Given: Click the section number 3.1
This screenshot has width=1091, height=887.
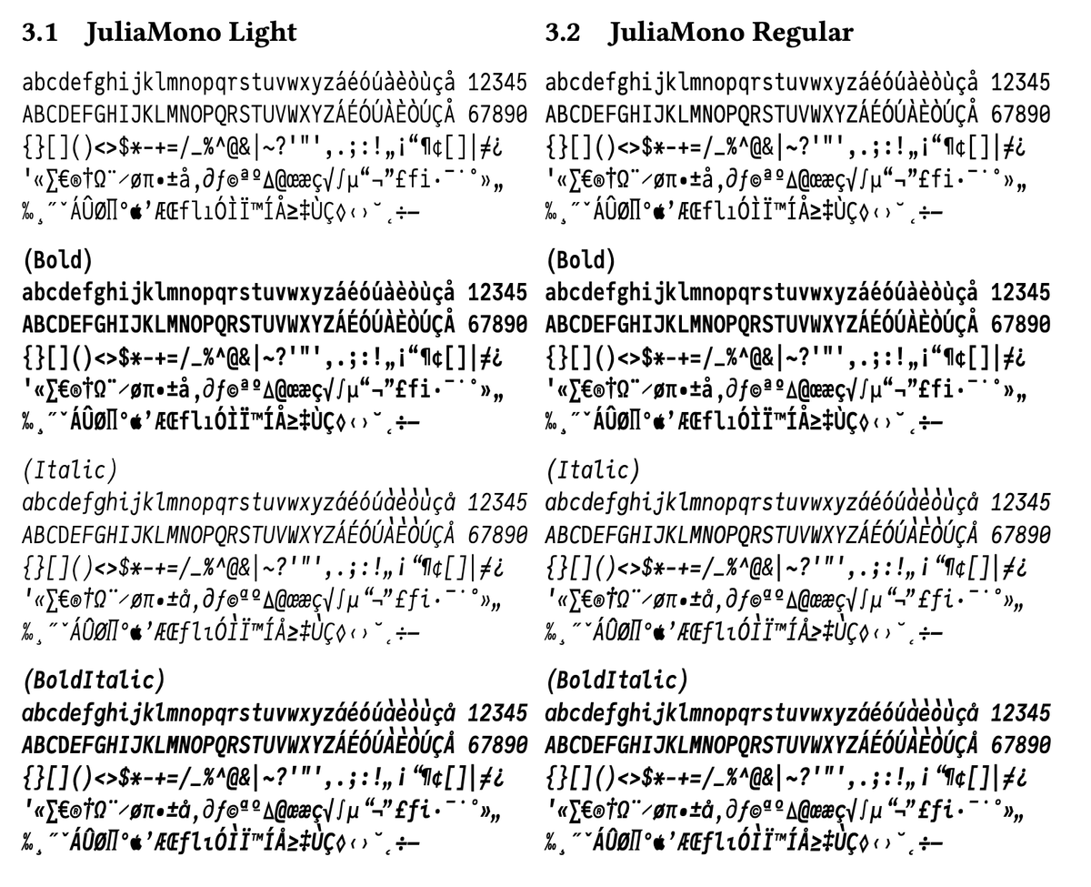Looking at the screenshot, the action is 39,32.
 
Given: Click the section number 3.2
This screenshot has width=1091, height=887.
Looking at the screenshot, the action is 563,32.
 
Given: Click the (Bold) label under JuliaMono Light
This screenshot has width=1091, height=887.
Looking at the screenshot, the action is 57,260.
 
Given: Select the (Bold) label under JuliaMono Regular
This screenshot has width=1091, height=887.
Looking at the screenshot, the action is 580,260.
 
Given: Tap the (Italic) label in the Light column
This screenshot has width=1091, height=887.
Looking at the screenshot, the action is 70,470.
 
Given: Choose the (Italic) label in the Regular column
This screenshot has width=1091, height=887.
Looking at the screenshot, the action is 593,470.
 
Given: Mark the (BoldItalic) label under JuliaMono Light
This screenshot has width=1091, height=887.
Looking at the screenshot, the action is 94,680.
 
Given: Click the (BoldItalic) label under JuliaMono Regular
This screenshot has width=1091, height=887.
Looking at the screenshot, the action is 616,680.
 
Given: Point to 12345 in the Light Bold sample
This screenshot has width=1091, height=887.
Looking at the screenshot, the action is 496,293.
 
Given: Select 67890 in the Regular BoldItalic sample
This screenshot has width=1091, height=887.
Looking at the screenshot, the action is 1020,745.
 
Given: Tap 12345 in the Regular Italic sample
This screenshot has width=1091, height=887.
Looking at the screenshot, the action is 1020,503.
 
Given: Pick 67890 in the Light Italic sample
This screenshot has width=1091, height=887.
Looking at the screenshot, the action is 496,535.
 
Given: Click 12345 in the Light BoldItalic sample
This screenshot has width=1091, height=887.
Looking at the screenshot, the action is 496,713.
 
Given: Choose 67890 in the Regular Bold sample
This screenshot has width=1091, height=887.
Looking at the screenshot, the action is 1020,325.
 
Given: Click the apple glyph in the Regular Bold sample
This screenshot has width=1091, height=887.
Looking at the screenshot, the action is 659,422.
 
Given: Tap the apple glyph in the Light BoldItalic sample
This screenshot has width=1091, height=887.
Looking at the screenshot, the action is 136,842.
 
